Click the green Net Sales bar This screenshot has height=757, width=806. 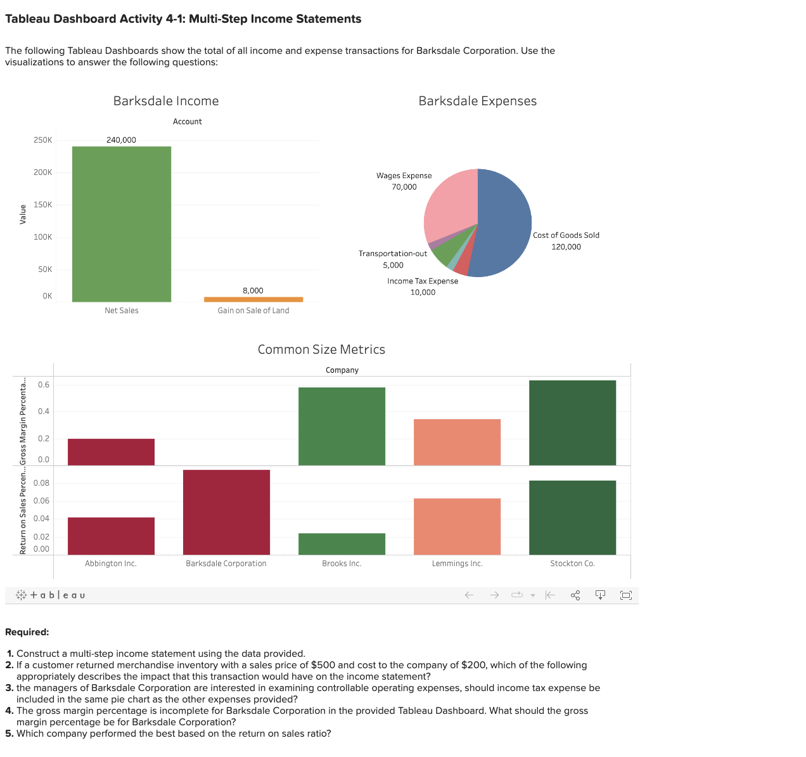122,224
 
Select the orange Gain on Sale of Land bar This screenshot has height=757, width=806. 253,299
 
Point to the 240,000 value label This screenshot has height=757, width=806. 121,140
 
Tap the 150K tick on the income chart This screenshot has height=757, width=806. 42,205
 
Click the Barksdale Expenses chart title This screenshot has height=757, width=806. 477,101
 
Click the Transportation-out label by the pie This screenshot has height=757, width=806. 393,254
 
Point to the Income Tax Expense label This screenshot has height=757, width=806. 423,281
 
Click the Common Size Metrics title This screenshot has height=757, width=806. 321,350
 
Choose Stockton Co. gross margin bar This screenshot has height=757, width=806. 572,423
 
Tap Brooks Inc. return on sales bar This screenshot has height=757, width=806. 342,544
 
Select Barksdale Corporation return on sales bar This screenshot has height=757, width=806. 226,512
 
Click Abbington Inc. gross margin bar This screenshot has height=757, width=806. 111,452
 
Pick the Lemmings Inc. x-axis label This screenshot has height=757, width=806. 457,564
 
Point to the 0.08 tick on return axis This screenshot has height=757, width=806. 41,483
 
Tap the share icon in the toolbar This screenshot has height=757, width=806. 575,595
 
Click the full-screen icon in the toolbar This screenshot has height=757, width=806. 626,595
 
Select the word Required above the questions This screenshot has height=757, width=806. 27,632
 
